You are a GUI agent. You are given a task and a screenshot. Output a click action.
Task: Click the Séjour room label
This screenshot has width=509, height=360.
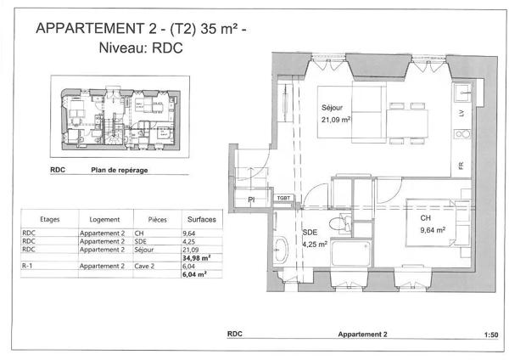point(332,108)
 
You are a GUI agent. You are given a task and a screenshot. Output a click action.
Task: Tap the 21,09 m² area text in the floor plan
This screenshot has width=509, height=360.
point(336,120)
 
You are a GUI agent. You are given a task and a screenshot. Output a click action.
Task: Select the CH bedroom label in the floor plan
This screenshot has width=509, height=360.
point(425,218)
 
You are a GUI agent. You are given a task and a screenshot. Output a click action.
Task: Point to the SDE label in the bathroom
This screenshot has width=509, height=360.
point(310,233)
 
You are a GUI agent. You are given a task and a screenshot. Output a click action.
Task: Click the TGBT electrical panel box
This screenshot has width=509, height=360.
point(283,198)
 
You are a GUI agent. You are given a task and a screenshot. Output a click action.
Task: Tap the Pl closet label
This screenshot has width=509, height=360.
point(251,200)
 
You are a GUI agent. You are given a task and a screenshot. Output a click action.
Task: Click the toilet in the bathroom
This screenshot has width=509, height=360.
point(340,223)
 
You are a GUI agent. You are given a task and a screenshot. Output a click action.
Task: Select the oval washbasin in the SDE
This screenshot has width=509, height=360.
point(281,250)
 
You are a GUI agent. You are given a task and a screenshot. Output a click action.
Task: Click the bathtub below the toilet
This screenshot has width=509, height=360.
point(351,253)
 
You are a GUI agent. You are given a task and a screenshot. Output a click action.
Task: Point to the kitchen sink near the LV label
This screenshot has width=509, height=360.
point(462,93)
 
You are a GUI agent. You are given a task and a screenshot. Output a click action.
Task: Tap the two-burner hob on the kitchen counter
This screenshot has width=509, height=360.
point(462,134)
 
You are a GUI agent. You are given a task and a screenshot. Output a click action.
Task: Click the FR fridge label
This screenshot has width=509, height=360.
point(461,166)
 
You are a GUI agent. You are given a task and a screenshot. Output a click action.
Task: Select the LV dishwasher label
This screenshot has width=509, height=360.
point(461,113)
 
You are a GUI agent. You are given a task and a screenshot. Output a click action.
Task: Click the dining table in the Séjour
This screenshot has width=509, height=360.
point(407,123)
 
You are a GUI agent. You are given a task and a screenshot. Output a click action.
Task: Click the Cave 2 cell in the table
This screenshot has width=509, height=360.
point(144,266)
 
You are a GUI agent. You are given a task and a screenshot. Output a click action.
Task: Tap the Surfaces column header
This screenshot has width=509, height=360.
point(202,220)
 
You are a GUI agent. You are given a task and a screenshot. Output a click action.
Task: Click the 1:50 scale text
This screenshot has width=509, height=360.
point(491,335)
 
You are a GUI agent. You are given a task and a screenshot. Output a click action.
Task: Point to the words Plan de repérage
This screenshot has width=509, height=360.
point(119,170)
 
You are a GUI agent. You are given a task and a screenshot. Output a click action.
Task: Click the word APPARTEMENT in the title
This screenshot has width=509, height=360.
point(90,28)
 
